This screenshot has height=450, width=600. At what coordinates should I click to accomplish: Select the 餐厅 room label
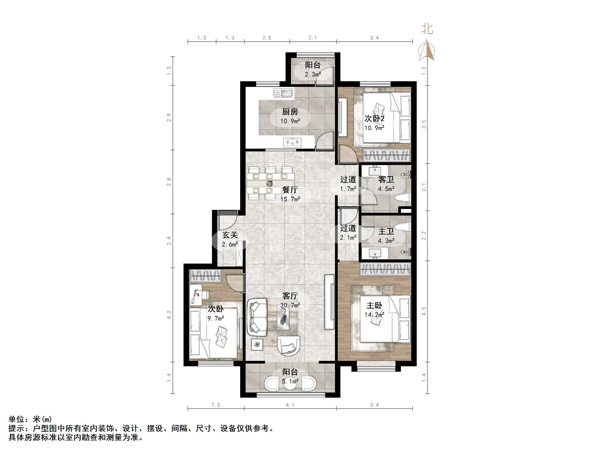290,190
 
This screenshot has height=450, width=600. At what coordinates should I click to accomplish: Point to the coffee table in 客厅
283,317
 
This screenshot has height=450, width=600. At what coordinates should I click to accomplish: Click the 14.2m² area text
374,315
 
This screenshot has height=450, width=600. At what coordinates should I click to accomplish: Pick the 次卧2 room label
374,118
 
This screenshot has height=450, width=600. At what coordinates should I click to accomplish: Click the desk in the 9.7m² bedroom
195,295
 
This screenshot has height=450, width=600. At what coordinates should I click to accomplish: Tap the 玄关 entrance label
230,235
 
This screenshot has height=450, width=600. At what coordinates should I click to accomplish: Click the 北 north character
427,29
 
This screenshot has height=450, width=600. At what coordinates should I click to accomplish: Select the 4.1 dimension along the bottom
290,405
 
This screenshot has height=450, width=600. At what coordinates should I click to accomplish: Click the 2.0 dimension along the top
267,38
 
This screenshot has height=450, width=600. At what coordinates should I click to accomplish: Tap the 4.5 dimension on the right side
424,311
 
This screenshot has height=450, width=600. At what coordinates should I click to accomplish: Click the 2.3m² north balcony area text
313,74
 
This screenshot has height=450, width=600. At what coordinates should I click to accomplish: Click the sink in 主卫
375,253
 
